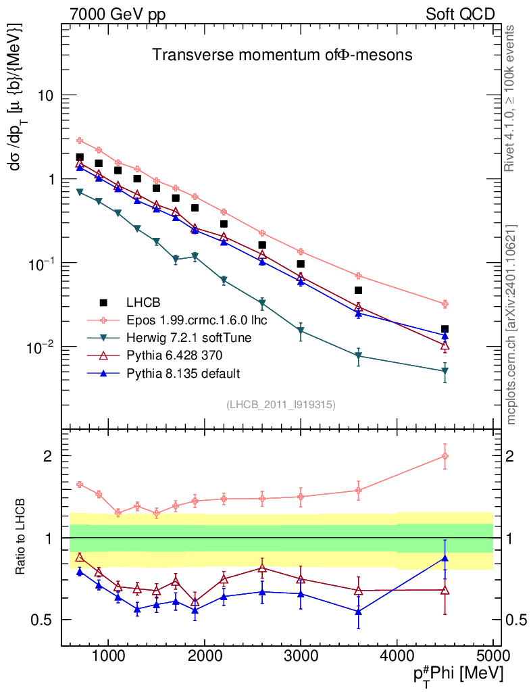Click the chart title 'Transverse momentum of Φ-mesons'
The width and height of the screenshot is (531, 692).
(282, 55)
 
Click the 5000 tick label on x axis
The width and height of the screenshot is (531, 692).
(492, 657)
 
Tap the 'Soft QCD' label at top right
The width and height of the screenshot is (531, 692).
(459, 14)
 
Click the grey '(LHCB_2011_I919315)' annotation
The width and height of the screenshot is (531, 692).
(281, 404)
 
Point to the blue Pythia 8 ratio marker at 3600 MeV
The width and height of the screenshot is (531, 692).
(358, 612)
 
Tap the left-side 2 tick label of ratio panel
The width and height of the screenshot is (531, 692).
(49, 456)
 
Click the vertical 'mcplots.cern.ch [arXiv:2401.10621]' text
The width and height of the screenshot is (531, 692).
(511, 324)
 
